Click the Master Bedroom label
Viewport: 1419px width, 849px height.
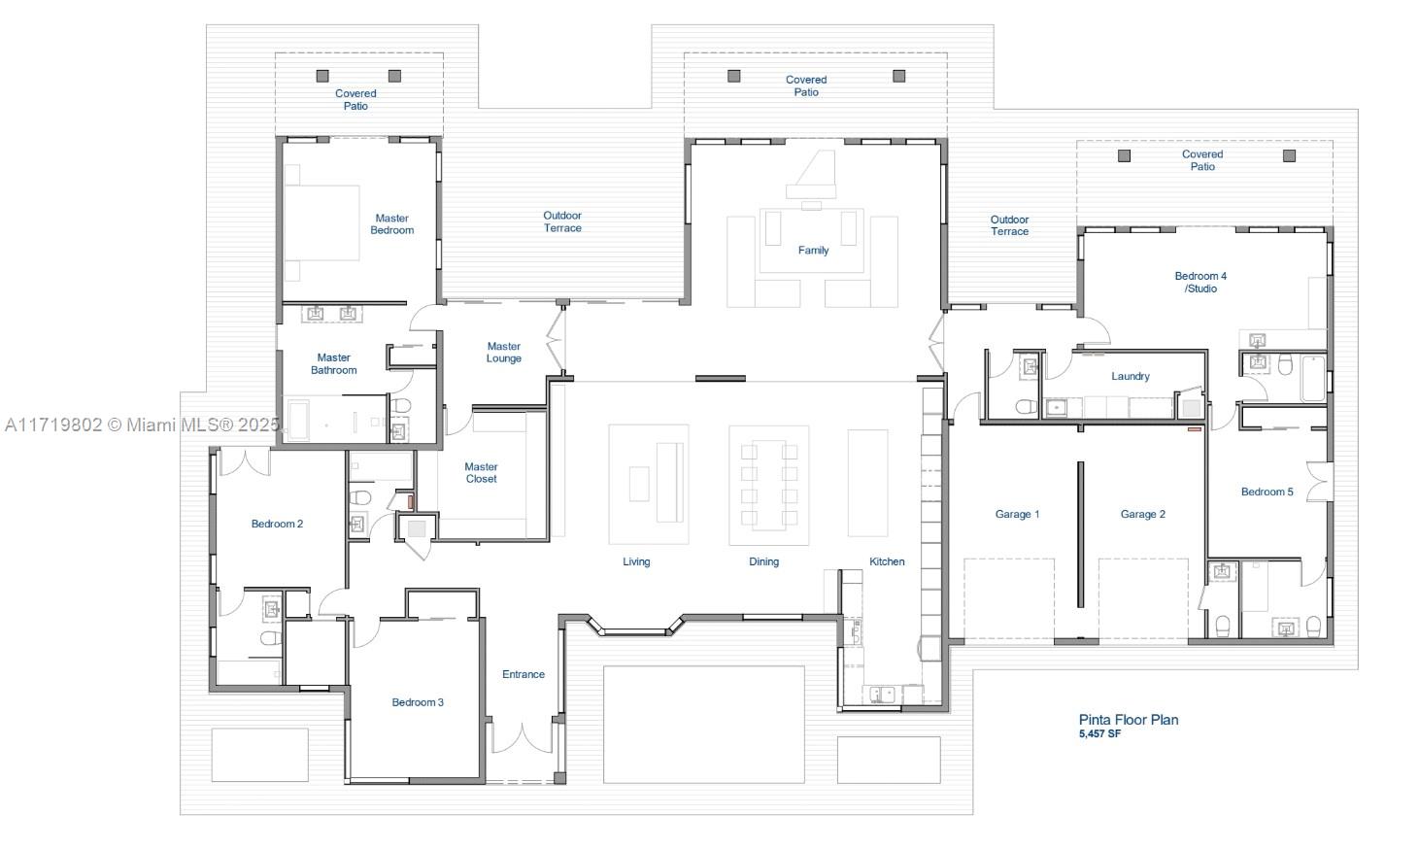tap(392, 224)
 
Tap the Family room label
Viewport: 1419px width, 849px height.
tap(813, 251)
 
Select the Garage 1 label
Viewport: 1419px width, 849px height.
tap(1017, 514)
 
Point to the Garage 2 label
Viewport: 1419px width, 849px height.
tap(1143, 514)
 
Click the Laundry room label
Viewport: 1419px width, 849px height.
tap(1131, 376)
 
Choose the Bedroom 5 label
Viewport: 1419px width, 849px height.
tap(1267, 492)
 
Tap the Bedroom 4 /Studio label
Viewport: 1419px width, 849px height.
tap(1200, 282)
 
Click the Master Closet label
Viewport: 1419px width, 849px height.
tap(481, 473)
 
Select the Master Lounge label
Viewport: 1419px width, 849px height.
tap(504, 353)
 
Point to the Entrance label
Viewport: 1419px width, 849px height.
tap(524, 674)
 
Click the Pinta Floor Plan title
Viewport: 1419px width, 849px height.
tap(1129, 720)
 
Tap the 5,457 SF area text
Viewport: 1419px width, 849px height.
tap(1099, 733)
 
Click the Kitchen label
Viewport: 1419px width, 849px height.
tap(887, 561)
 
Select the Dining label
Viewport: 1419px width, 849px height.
tap(764, 561)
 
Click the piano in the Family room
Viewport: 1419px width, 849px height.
tap(812, 178)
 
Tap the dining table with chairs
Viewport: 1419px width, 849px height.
tap(769, 485)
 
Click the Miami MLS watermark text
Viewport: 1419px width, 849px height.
tap(142, 424)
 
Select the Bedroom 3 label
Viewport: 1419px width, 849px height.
tap(418, 702)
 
